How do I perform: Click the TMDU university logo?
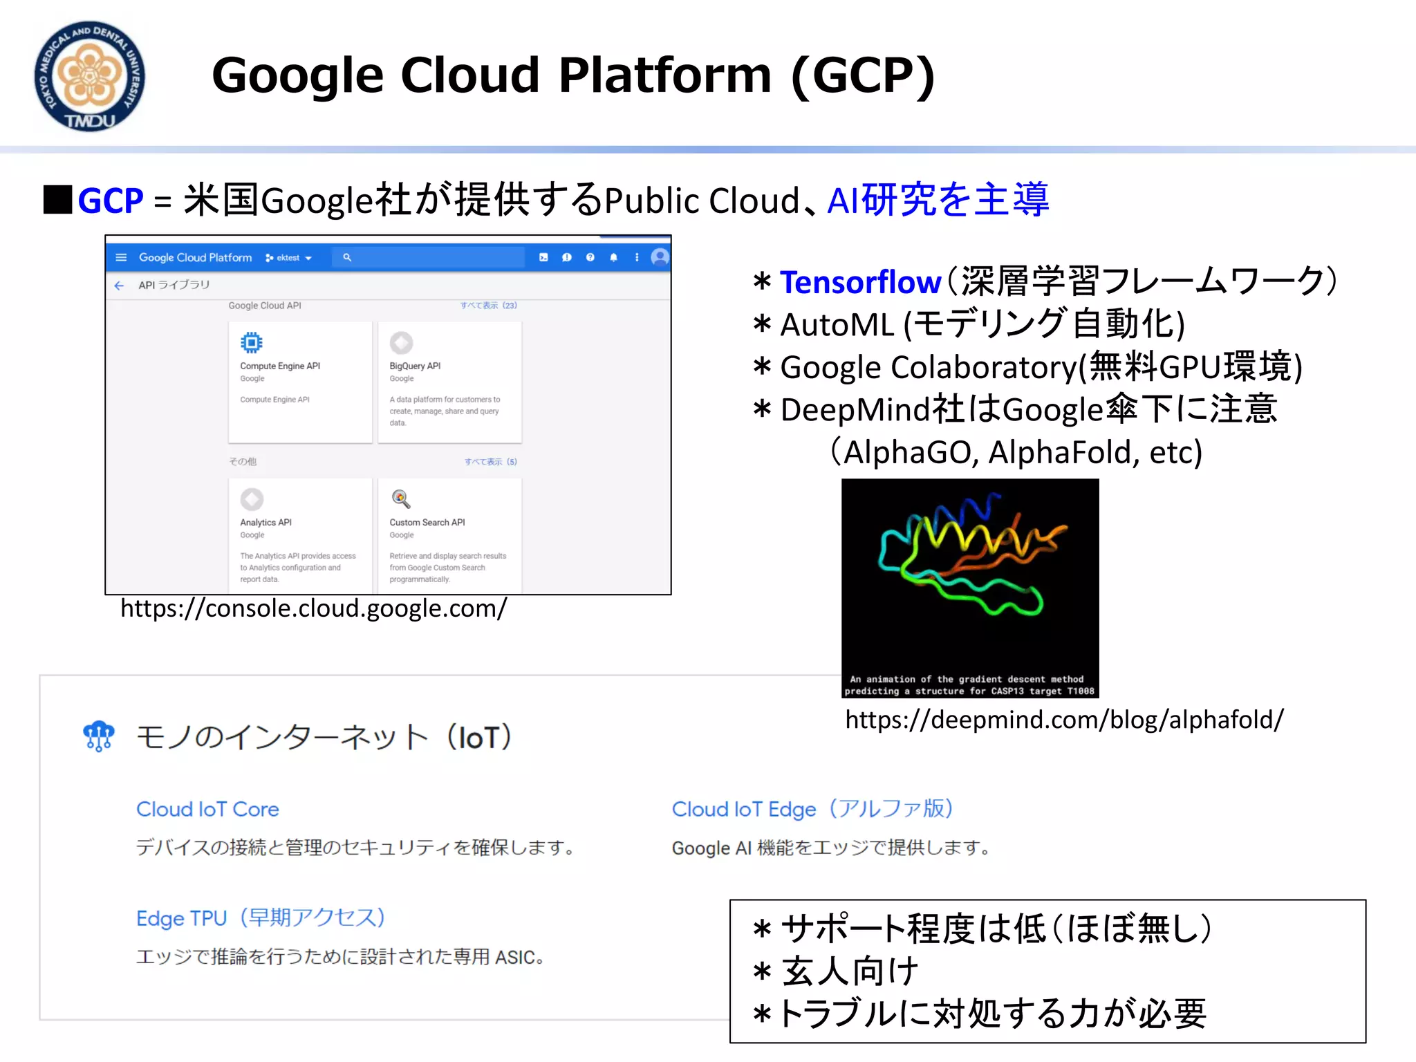tap(89, 76)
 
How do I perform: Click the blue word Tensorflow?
tap(860, 282)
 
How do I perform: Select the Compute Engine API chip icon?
tap(252, 342)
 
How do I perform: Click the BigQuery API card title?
tap(415, 366)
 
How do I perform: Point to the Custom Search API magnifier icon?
tap(400, 499)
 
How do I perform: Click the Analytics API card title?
tap(265, 523)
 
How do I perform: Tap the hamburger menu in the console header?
tap(121, 257)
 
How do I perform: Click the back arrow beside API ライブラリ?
tap(119, 285)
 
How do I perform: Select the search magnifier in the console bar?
tap(347, 257)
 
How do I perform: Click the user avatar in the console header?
tap(660, 257)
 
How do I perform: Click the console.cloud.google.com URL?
tap(313, 608)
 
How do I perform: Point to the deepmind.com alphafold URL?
tap(1064, 720)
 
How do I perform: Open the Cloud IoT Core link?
tap(207, 809)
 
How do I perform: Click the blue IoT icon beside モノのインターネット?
tap(98, 736)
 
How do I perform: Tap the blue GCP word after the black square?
tap(111, 201)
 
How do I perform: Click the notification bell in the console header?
tap(613, 257)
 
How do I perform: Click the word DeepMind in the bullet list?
tap(855, 410)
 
